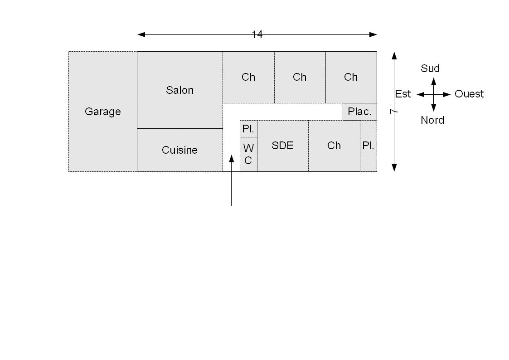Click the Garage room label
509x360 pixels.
point(102,112)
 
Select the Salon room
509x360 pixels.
point(179,90)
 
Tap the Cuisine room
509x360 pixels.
point(179,150)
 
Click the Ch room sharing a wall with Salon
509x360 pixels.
point(248,77)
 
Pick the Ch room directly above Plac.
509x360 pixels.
point(351,77)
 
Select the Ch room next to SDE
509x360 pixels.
point(334,146)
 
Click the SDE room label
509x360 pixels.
point(282,146)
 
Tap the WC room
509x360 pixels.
point(248,154)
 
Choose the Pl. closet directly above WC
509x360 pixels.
point(248,129)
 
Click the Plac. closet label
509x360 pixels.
point(359,112)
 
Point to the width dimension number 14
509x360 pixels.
point(257,35)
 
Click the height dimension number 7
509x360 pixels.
point(393,112)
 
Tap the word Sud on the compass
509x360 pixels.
point(430,68)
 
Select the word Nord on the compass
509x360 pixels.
point(432,120)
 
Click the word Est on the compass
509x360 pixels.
point(402,94)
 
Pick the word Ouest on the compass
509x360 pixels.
point(469,94)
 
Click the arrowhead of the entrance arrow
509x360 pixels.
point(231,158)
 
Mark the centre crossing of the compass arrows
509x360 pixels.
point(433,94)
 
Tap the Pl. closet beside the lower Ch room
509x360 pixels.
point(368,146)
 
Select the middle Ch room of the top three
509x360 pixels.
point(300,77)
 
